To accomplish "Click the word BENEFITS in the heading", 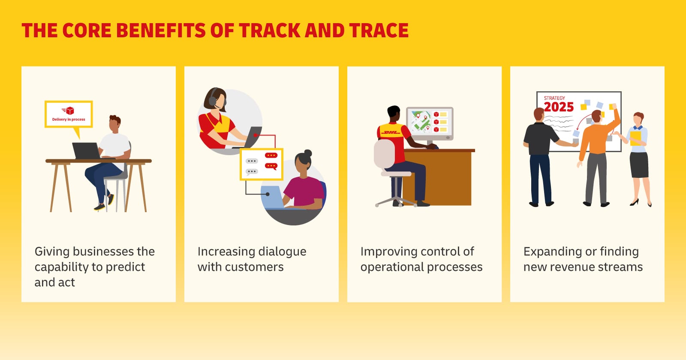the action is [160, 30].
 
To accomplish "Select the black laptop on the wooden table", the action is [87, 150].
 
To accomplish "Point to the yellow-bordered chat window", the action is [261, 164].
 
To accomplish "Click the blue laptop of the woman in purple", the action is [274, 197].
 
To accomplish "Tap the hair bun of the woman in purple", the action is [308, 153].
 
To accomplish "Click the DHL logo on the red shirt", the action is [390, 132].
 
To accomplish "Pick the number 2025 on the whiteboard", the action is [559, 107].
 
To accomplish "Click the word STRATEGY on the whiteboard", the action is [554, 98].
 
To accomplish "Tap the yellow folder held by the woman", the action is [635, 138].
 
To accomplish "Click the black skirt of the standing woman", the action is [639, 165].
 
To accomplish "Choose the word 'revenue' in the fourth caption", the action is [572, 267].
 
